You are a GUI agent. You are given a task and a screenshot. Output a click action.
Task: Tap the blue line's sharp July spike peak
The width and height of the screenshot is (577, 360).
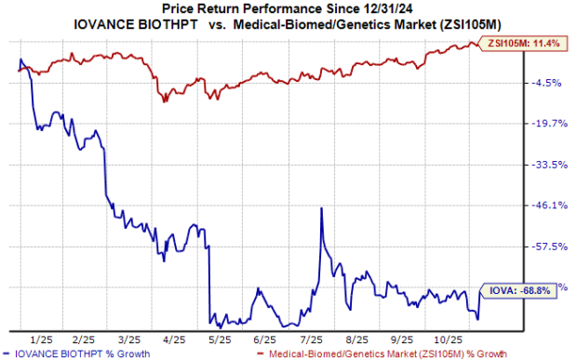(x=321, y=208)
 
